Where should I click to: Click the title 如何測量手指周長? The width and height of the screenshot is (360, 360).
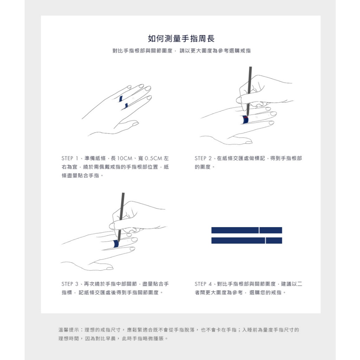(x=181, y=39)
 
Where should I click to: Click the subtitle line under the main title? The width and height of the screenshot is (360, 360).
(x=181, y=51)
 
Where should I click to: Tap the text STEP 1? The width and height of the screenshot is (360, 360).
(x=70, y=158)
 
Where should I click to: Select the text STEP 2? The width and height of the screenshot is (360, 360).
(x=203, y=158)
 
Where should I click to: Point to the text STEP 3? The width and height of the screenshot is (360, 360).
(x=70, y=284)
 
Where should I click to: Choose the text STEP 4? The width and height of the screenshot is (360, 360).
(x=203, y=284)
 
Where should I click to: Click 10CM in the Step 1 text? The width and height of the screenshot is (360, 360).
(x=125, y=158)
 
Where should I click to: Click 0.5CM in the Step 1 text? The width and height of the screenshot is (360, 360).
(x=153, y=158)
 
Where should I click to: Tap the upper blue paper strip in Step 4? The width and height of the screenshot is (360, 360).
(x=246, y=230)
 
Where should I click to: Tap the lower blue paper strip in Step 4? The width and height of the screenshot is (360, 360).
(x=246, y=240)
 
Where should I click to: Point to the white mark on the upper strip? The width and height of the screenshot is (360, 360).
(x=259, y=230)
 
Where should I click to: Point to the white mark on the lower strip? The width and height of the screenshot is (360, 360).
(x=265, y=240)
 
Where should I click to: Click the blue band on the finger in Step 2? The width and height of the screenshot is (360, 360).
(x=245, y=120)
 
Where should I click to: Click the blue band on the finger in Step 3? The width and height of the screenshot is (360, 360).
(x=116, y=244)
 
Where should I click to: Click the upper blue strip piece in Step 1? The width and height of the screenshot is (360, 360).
(x=121, y=99)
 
